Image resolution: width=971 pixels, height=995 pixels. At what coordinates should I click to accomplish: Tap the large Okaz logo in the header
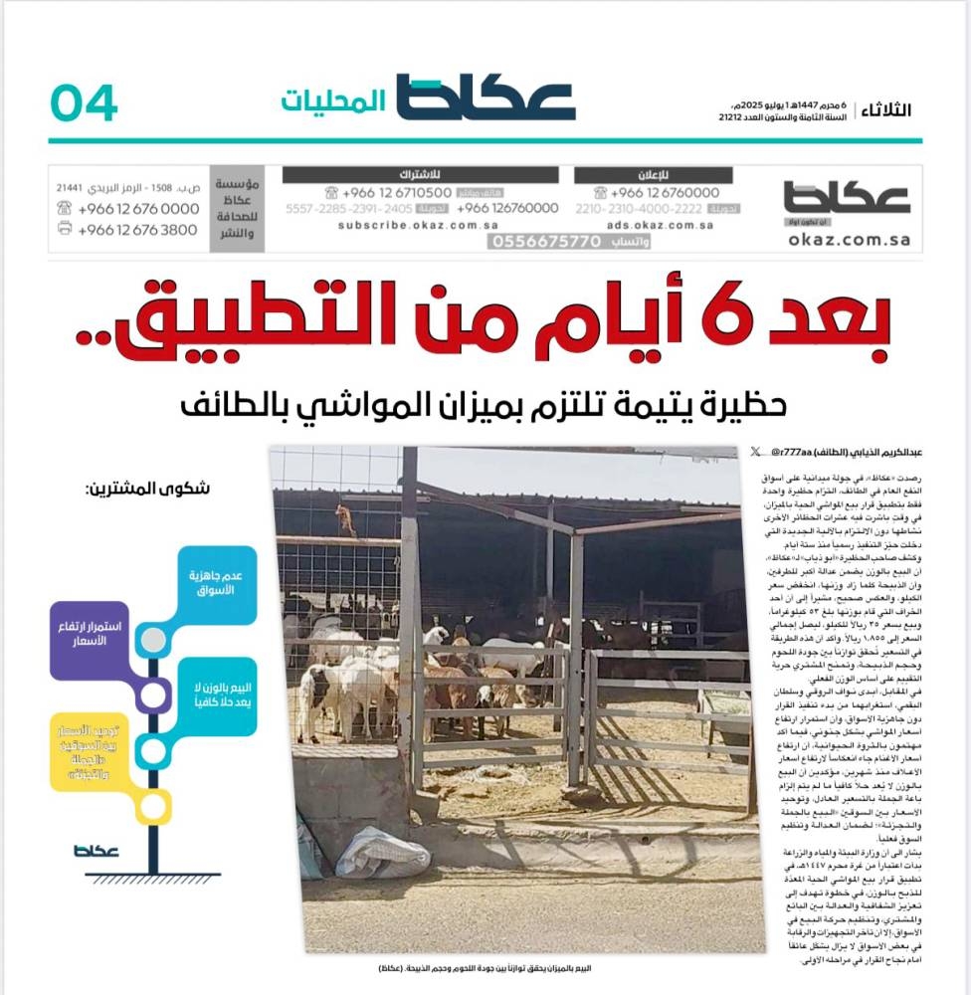tap(485, 99)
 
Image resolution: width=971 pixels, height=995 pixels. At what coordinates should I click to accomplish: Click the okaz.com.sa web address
tap(847, 239)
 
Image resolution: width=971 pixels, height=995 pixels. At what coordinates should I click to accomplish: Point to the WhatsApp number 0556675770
tap(548, 241)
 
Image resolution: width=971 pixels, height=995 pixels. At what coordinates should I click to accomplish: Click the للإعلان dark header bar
tap(653, 175)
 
